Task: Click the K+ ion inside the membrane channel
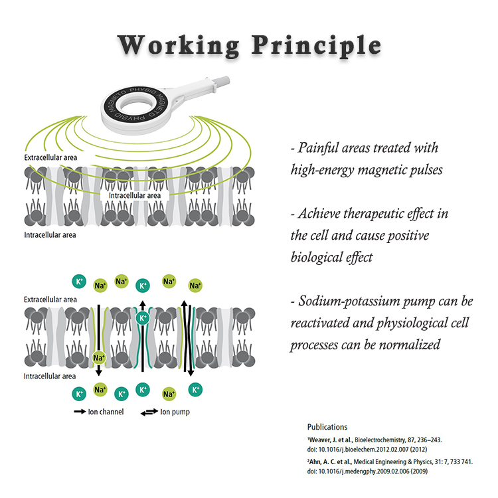(142, 318)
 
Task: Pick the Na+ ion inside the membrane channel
(98, 358)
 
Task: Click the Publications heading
(327, 427)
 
